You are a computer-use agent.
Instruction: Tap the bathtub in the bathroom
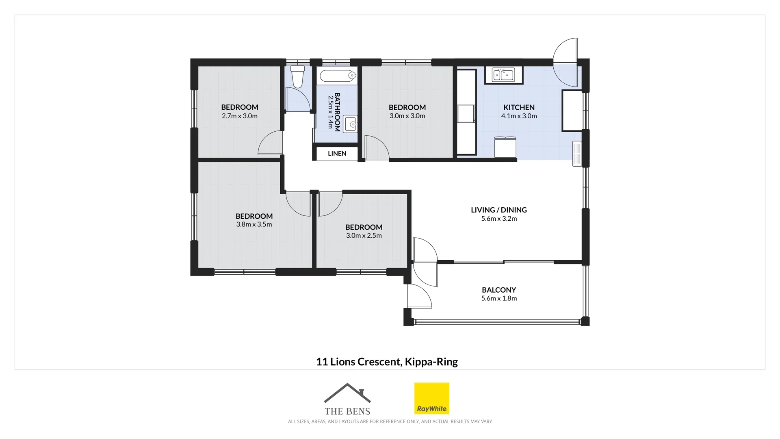pos(337,76)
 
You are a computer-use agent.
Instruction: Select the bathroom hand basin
pos(350,124)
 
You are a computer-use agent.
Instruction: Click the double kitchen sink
pos(503,75)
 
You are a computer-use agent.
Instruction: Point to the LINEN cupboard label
pos(337,154)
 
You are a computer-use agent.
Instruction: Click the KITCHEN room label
pos(519,107)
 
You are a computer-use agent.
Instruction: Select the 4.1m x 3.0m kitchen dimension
pos(519,116)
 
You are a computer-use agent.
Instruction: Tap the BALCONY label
pos(499,290)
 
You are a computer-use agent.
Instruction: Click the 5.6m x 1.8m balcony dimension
pos(499,298)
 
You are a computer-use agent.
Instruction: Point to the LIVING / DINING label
pos(499,210)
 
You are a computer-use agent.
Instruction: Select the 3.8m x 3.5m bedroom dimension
pos(254,224)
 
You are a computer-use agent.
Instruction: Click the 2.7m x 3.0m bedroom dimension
pos(240,116)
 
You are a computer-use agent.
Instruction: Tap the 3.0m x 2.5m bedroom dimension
pos(364,236)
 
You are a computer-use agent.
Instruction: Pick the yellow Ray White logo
pos(431,398)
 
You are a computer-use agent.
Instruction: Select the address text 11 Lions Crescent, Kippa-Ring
pos(387,361)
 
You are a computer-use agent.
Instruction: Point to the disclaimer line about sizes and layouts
pos(390,422)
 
